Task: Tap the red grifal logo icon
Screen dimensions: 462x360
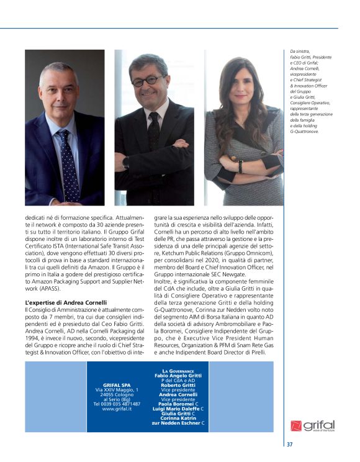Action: (296, 426)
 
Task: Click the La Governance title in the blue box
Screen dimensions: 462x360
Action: (179, 371)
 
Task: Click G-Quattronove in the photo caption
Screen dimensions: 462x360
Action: (305, 132)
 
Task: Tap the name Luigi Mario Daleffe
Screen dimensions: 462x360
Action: (176, 409)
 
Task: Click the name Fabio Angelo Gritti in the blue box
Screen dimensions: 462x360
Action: (179, 376)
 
